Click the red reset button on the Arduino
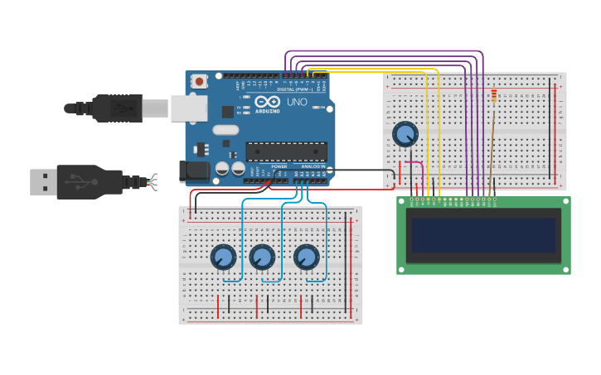[199, 81]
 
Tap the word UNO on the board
[298, 103]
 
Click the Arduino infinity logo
[267, 102]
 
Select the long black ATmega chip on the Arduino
[286, 151]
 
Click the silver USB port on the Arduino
[188, 108]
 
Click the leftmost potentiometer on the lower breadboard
[222, 257]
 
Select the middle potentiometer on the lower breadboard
[262, 257]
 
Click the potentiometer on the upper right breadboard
[405, 134]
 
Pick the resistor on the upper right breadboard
[494, 97]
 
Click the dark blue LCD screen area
[483, 235]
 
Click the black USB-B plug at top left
[116, 108]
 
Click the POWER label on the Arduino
[279, 166]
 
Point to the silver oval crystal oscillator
[225, 129]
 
